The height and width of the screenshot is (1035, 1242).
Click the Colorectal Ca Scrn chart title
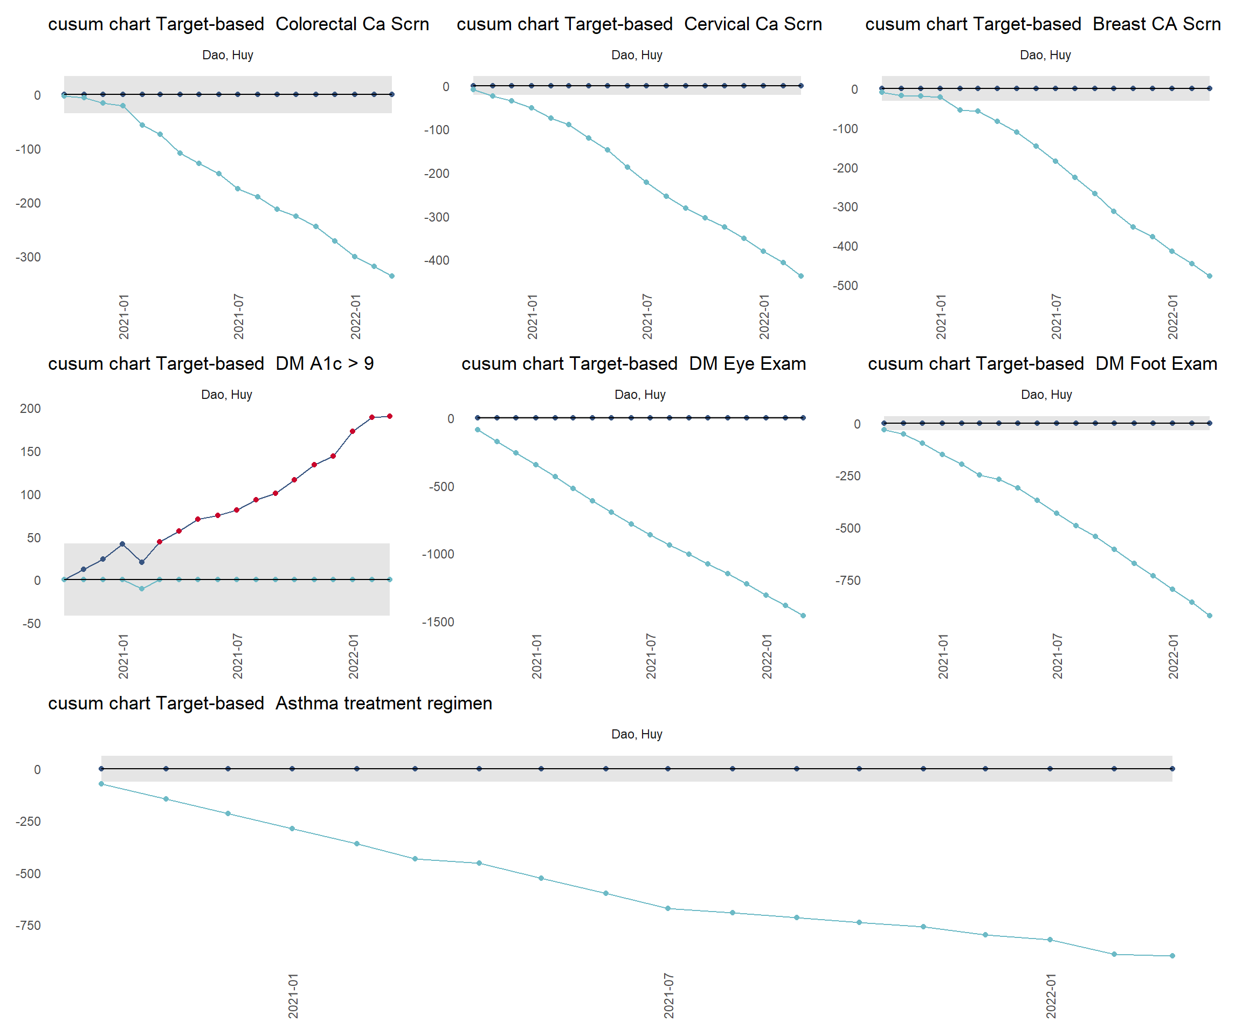click(x=238, y=24)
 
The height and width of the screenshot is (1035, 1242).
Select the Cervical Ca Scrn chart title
click(x=639, y=24)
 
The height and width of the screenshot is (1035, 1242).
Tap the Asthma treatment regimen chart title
click(x=270, y=703)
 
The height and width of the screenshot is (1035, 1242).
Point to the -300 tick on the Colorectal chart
click(x=28, y=257)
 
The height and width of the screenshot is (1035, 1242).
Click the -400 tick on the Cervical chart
click(x=437, y=260)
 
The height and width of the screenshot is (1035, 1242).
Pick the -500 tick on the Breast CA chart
click(x=845, y=286)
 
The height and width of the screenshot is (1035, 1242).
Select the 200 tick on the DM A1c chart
click(x=30, y=409)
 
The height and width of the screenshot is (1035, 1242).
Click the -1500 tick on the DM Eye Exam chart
click(x=438, y=622)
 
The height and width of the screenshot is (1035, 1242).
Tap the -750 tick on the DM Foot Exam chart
click(x=847, y=581)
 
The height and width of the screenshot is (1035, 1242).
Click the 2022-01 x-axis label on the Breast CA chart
click(x=1173, y=316)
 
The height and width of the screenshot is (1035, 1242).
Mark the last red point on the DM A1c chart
click(x=390, y=416)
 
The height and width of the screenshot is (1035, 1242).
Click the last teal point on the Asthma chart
click(x=1172, y=956)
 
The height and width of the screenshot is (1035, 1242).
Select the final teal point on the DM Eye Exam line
click(x=803, y=616)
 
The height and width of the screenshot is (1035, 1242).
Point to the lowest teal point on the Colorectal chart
click(x=391, y=276)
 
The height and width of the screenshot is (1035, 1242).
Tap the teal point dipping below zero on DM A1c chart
click(x=141, y=589)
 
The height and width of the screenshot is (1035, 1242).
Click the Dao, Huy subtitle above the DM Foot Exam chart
click(x=1046, y=395)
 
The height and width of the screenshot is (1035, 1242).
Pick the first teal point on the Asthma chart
click(x=102, y=784)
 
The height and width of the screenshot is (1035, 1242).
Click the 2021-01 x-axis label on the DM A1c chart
click(x=123, y=656)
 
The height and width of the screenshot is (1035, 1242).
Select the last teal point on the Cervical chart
click(x=801, y=276)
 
